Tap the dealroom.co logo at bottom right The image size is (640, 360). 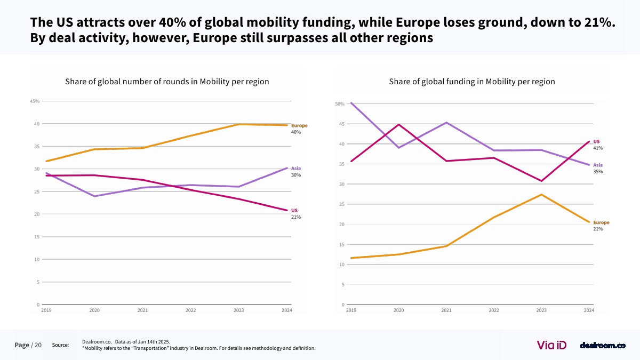602,346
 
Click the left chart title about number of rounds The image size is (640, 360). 167,82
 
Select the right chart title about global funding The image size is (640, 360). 472,82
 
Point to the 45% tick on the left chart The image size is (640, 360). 35,101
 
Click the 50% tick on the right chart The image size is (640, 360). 340,104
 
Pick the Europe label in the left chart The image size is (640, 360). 299,125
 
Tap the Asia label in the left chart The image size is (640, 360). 296,169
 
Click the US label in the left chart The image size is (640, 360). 294,211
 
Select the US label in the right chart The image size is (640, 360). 596,141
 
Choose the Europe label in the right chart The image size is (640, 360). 601,222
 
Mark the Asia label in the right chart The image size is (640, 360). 598,165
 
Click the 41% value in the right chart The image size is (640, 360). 597,148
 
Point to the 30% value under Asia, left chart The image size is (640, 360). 295,175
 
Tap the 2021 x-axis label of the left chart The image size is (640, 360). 142,310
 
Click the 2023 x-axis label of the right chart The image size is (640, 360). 541,310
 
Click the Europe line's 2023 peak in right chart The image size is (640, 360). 541,195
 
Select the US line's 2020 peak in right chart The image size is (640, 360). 398,125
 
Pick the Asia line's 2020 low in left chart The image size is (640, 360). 94,196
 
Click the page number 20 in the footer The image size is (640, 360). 38,345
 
